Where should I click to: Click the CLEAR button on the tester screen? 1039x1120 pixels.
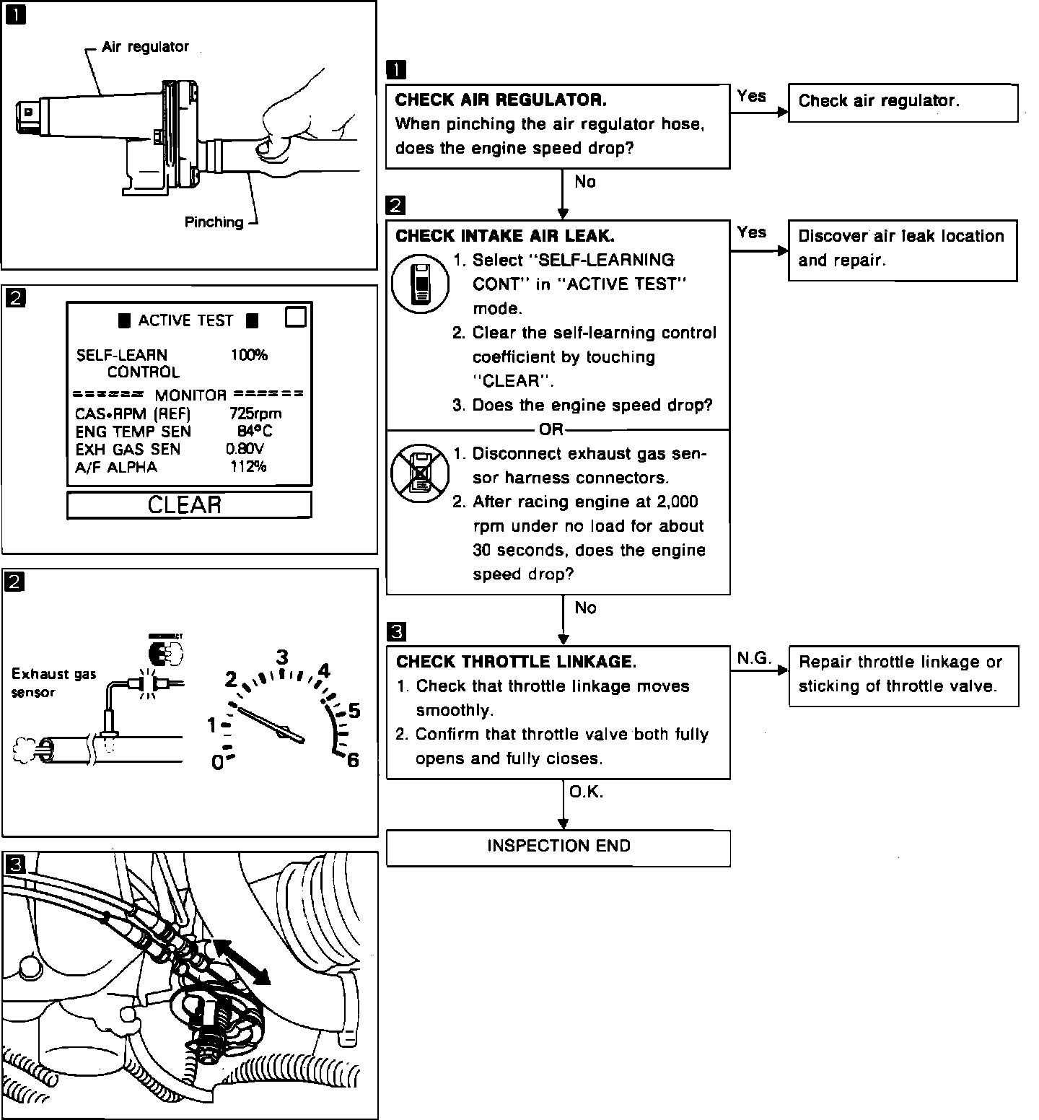189,504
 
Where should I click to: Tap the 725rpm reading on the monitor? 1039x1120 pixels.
255,414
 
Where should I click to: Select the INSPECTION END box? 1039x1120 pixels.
558,846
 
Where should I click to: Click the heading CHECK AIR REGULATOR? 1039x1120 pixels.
501,100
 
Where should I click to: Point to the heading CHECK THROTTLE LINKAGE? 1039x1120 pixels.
517,662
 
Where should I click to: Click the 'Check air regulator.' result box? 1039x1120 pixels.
903,102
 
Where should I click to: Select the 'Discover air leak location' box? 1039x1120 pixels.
903,249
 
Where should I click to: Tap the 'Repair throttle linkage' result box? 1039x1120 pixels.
903,675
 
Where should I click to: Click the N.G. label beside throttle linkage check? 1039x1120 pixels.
754,658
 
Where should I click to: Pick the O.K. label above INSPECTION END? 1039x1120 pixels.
586,792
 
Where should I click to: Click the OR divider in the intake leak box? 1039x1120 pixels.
551,430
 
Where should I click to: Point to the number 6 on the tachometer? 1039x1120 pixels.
353,761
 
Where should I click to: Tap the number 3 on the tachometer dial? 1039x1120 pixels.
282,657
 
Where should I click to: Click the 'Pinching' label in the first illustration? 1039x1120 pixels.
214,222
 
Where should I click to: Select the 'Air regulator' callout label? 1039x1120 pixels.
145,47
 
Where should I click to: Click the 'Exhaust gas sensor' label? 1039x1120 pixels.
53,683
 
